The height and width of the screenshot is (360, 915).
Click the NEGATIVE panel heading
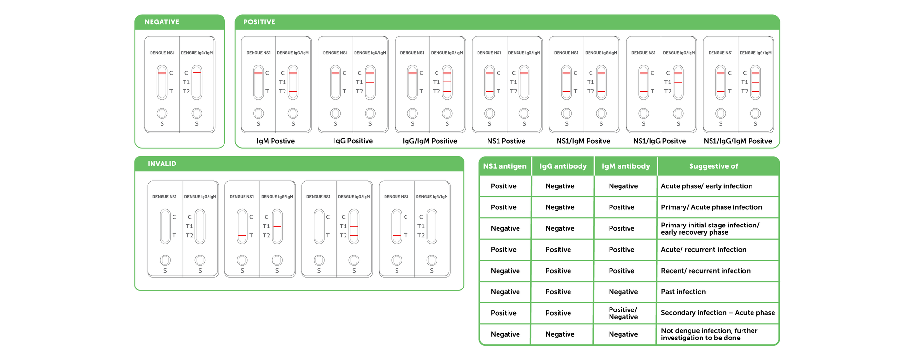(162, 22)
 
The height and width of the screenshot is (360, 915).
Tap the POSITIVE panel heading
(259, 22)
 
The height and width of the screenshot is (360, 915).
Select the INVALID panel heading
(162, 164)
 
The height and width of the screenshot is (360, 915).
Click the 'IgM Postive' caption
(275, 141)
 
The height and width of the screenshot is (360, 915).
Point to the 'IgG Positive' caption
(353, 141)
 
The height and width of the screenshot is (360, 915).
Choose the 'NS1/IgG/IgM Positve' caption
(738, 141)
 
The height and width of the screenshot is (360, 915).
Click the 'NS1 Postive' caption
(506, 141)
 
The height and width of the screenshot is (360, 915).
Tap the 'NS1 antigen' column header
(505, 166)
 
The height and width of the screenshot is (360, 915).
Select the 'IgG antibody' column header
(563, 166)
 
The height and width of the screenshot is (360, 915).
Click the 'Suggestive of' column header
(713, 166)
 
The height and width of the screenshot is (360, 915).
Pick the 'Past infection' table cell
(683, 292)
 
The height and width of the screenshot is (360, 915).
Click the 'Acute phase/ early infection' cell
(707, 186)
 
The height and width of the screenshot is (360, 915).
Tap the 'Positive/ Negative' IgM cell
(623, 313)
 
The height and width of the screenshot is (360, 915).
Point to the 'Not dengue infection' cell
(709, 334)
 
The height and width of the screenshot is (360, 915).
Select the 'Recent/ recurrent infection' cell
(706, 271)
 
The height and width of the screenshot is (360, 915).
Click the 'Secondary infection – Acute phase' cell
(718, 313)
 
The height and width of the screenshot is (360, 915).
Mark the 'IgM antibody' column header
(626, 166)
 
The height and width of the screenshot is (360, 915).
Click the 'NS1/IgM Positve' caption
(583, 141)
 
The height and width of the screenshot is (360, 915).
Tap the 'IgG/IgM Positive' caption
(430, 141)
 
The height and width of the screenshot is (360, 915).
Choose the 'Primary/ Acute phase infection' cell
(712, 207)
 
